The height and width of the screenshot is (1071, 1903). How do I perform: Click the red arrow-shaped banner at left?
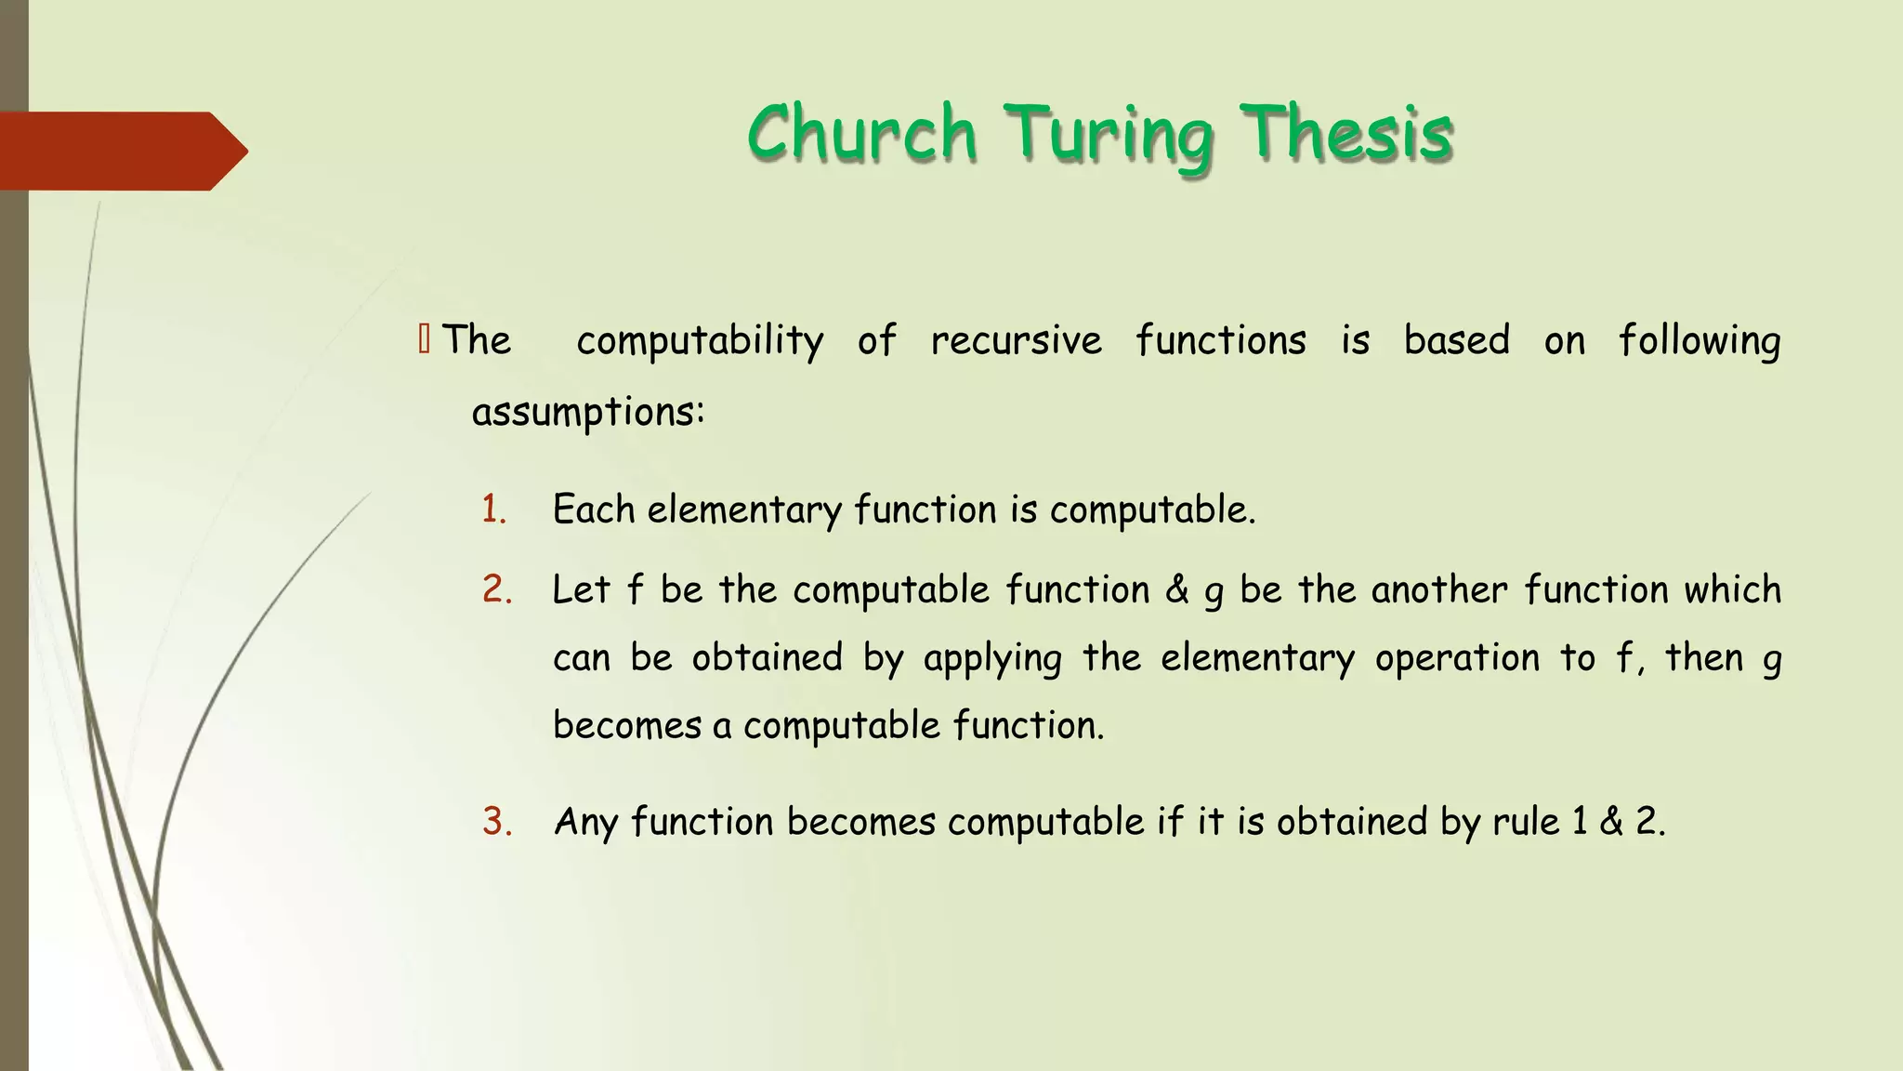click(x=121, y=151)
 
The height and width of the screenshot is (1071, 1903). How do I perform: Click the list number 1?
click(x=493, y=510)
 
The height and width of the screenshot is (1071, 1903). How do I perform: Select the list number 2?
click(x=497, y=590)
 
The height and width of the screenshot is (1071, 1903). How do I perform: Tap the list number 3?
click(x=497, y=822)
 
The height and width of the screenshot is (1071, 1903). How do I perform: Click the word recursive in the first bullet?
click(x=1016, y=340)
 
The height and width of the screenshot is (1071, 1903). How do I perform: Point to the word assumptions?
click(x=588, y=412)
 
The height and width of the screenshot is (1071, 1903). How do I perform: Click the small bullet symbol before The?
click(x=425, y=339)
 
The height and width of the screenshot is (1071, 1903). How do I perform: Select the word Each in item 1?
click(x=593, y=509)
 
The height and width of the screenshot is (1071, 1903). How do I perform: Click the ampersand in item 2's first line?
click(x=1176, y=589)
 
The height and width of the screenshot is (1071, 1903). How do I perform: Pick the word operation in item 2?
click(x=1457, y=658)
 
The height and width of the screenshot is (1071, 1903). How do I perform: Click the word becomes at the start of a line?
click(x=626, y=725)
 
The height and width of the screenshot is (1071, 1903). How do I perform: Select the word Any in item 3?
click(x=584, y=823)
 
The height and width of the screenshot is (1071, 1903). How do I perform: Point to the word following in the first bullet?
click(x=1700, y=341)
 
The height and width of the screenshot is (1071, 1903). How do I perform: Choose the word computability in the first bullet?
click(x=700, y=341)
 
